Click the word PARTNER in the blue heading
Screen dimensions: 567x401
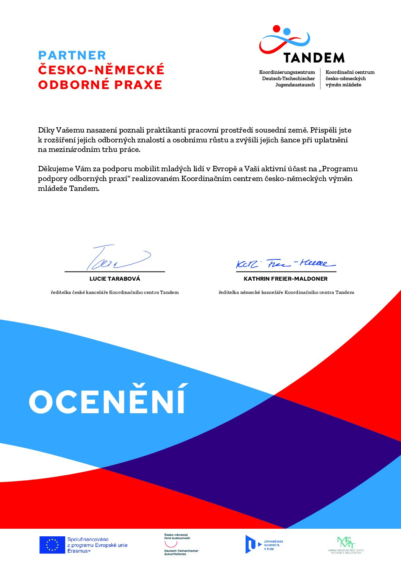point(72,55)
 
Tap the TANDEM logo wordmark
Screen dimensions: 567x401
point(314,58)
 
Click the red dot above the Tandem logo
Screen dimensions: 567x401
point(276,28)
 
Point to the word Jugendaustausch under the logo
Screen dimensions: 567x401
point(295,85)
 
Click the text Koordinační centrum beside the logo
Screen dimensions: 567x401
point(350,72)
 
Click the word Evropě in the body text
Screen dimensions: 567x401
point(224,169)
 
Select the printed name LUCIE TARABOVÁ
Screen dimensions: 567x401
point(115,279)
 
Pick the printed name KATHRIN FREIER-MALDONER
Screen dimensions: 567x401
point(286,279)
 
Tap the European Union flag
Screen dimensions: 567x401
point(52,545)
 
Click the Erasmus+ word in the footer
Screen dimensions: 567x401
point(79,551)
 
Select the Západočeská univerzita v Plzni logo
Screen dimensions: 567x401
point(264,545)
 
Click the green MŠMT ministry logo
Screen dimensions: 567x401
point(346,545)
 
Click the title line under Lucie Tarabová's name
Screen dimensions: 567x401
point(115,292)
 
